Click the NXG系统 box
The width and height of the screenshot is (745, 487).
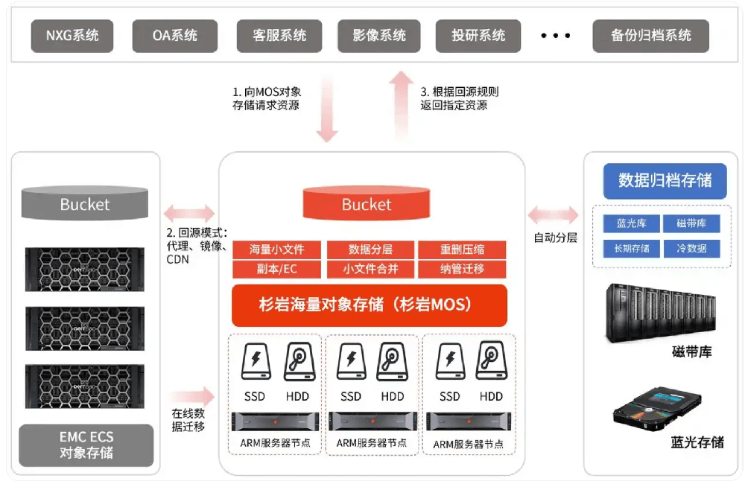coord(72,36)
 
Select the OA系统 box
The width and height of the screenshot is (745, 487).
coord(175,36)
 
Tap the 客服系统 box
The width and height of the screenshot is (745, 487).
coord(279,36)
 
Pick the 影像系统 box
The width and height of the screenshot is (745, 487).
coord(379,36)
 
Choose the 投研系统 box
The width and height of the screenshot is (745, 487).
coord(478,36)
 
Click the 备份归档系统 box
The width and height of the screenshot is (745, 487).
coord(650,36)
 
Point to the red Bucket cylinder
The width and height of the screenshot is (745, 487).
coord(367,203)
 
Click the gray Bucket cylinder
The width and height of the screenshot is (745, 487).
coord(84,203)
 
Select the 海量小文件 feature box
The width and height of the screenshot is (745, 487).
coord(276,249)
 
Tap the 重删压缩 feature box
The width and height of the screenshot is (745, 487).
coord(462,249)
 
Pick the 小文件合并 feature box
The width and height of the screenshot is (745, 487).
coord(370,269)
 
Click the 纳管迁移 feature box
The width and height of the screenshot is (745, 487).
coord(462,269)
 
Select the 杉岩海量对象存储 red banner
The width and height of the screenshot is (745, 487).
coord(370,305)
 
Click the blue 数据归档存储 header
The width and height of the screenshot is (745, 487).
coord(665,180)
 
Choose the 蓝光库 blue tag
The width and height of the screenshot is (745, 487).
coord(631,223)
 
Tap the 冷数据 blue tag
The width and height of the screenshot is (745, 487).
coord(691,248)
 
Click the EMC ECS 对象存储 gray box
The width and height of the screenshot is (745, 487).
coord(86,445)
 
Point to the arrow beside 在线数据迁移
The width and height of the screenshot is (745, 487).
coord(191,397)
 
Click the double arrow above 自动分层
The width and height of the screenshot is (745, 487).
coord(553,215)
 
